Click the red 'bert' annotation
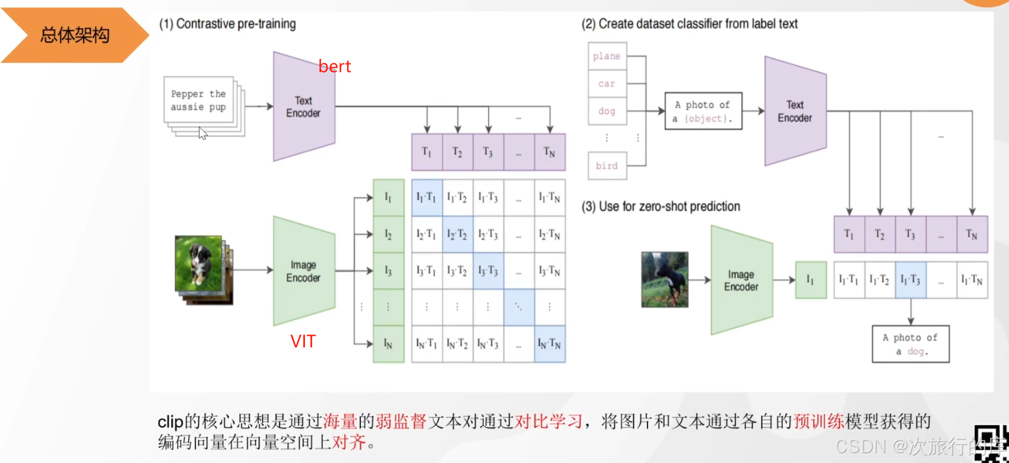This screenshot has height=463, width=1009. [334, 66]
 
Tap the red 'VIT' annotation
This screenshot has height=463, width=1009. [303, 342]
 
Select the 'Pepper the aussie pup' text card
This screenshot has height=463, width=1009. [198, 100]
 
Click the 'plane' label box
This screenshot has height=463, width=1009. [607, 56]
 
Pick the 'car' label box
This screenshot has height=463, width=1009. [607, 84]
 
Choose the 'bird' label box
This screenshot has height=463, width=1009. [607, 166]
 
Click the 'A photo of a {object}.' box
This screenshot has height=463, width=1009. [703, 111]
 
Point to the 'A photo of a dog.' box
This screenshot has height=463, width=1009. [910, 344]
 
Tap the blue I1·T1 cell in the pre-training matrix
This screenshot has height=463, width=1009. [427, 197]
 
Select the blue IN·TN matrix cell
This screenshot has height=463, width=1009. [549, 344]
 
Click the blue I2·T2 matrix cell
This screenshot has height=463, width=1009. [457, 234]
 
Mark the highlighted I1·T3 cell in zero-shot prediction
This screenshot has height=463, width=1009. [911, 280]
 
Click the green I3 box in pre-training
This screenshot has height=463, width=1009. [388, 270]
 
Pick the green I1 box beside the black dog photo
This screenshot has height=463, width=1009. [810, 280]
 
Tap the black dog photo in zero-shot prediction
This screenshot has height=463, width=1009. [664, 279]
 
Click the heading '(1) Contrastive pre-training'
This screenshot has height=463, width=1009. [228, 24]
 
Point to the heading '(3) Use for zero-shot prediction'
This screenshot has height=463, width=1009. [661, 207]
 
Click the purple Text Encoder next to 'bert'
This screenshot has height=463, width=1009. [303, 107]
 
